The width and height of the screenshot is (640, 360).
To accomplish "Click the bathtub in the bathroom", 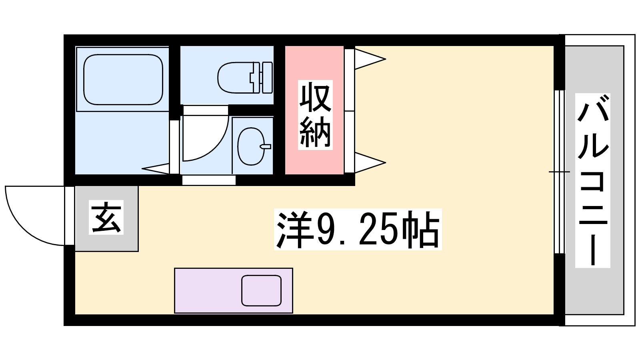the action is (x=123, y=80).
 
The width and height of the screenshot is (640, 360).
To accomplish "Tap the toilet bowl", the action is (x=235, y=78).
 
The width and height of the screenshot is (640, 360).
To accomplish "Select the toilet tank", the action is (x=267, y=78).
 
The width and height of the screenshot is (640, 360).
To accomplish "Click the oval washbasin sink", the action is (x=251, y=146).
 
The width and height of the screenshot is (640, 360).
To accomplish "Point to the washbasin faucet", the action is (x=265, y=146).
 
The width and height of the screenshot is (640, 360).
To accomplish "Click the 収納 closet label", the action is (x=315, y=115).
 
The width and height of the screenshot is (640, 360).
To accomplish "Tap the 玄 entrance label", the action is (x=106, y=217).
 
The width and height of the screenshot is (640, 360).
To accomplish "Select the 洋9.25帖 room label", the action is (x=358, y=229).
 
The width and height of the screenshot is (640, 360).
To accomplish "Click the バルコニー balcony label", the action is (x=592, y=180).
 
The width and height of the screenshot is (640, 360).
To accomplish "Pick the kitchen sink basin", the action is (x=261, y=290).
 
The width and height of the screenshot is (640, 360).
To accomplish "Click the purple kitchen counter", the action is (x=234, y=290).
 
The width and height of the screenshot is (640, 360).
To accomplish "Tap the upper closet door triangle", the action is (x=370, y=59).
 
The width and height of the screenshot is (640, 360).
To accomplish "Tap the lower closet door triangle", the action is (x=370, y=162).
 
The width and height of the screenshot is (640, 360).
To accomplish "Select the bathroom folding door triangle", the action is (x=156, y=168).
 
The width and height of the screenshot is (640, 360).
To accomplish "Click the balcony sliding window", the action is (x=560, y=172).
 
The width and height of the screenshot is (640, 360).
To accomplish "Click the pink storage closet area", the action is (x=314, y=110).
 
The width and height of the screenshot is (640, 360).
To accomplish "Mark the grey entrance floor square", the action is (x=106, y=218).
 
